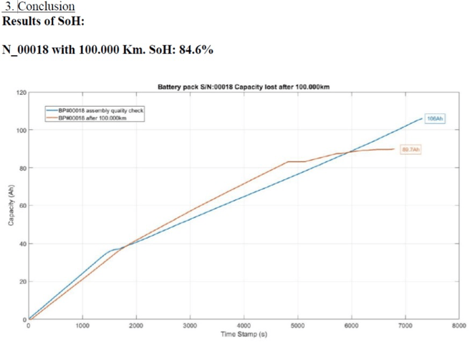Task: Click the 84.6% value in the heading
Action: (194, 50)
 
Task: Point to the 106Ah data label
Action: (435, 118)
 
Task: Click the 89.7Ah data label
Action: (411, 149)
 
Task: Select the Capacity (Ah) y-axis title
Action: (10, 206)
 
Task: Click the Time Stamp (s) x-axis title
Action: (244, 334)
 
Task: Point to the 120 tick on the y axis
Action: (21, 93)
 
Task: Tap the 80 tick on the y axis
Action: (23, 169)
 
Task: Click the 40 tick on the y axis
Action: (23, 244)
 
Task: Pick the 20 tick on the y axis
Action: (23, 282)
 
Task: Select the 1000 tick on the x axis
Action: (82, 326)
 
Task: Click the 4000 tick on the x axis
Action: (244, 326)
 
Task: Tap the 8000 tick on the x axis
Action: (459, 326)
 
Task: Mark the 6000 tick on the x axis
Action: (351, 326)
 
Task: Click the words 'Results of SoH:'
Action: (44, 21)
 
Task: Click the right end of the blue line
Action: (422, 118)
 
